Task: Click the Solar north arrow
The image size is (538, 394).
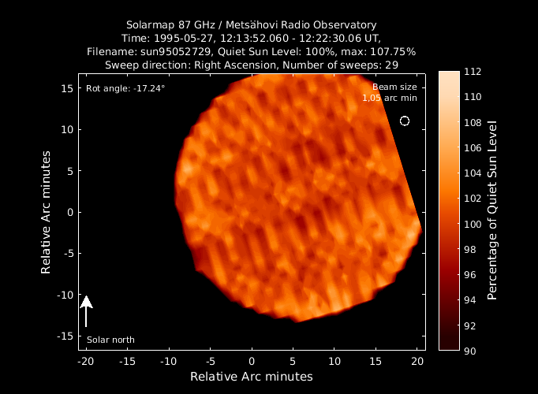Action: coord(86,311)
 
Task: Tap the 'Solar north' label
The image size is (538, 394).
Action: coord(110,340)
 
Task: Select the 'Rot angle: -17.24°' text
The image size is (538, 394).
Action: coord(125,88)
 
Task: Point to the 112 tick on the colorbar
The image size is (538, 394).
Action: coord(473,72)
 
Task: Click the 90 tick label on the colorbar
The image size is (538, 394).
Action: coord(470,351)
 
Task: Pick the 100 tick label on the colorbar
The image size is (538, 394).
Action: coord(473,224)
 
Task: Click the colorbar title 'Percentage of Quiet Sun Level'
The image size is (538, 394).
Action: coord(492,210)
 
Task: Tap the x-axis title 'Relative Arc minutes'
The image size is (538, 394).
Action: coord(252,377)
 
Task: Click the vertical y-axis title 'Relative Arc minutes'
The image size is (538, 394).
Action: coord(46,213)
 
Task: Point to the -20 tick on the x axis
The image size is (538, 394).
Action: coord(86,362)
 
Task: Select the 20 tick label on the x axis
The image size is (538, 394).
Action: coord(417,362)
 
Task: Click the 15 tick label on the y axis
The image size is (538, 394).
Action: coord(67,88)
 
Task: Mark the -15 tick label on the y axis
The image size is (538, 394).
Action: coord(65,336)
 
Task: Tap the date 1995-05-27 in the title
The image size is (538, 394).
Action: coord(185,38)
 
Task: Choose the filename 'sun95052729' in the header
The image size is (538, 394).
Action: coord(175,52)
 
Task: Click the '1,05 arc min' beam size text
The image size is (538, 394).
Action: coord(390,98)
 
